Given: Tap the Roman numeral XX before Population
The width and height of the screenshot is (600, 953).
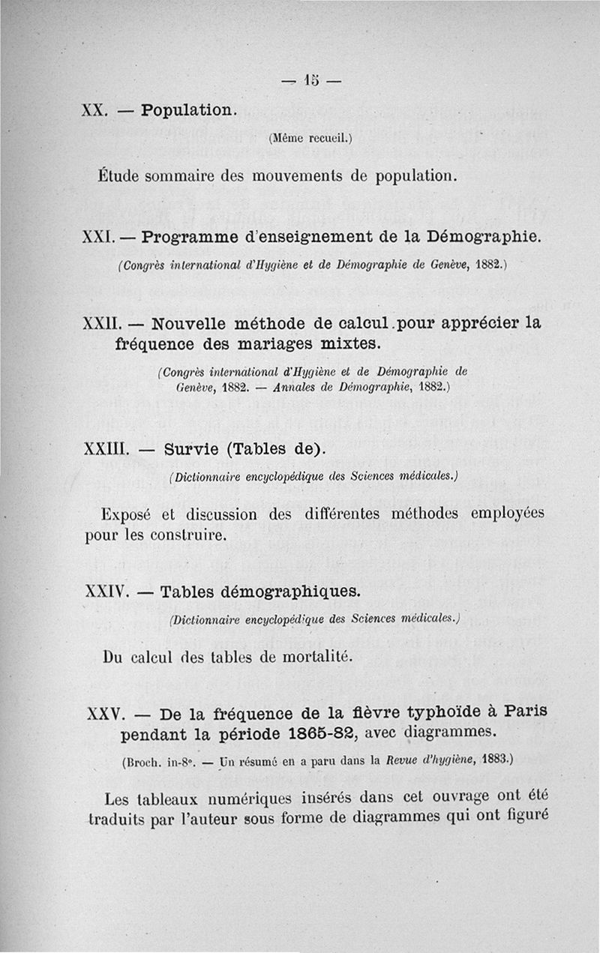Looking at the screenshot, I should click(95, 110).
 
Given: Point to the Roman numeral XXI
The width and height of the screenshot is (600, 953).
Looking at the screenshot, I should click(98, 238).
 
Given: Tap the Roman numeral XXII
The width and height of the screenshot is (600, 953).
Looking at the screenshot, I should click(101, 326).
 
